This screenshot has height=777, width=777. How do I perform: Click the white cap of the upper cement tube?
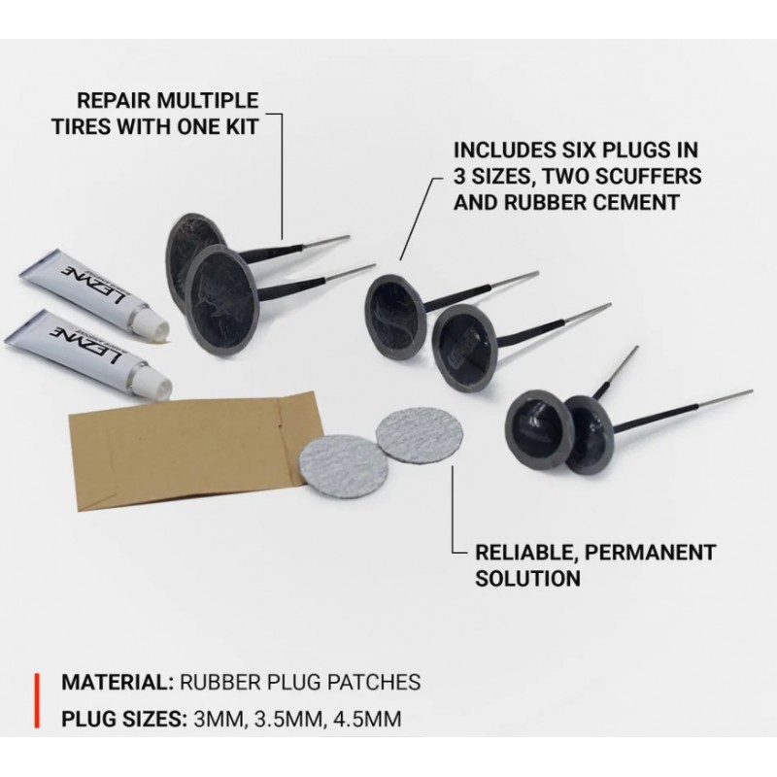pyautogui.click(x=152, y=321)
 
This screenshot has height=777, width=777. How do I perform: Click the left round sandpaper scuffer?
pyautogui.click(x=333, y=462)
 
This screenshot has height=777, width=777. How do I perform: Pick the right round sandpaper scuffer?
pyautogui.click(x=420, y=436)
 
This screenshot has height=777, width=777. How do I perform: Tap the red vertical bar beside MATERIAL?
pyautogui.click(x=37, y=700)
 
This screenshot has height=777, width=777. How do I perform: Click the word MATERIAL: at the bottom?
pyautogui.click(x=117, y=683)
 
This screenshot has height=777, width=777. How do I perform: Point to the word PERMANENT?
pyautogui.click(x=650, y=552)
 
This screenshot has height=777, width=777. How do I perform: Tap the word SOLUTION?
pyautogui.click(x=527, y=578)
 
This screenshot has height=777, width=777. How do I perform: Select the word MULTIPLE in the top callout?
pyautogui.click(x=208, y=101)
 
